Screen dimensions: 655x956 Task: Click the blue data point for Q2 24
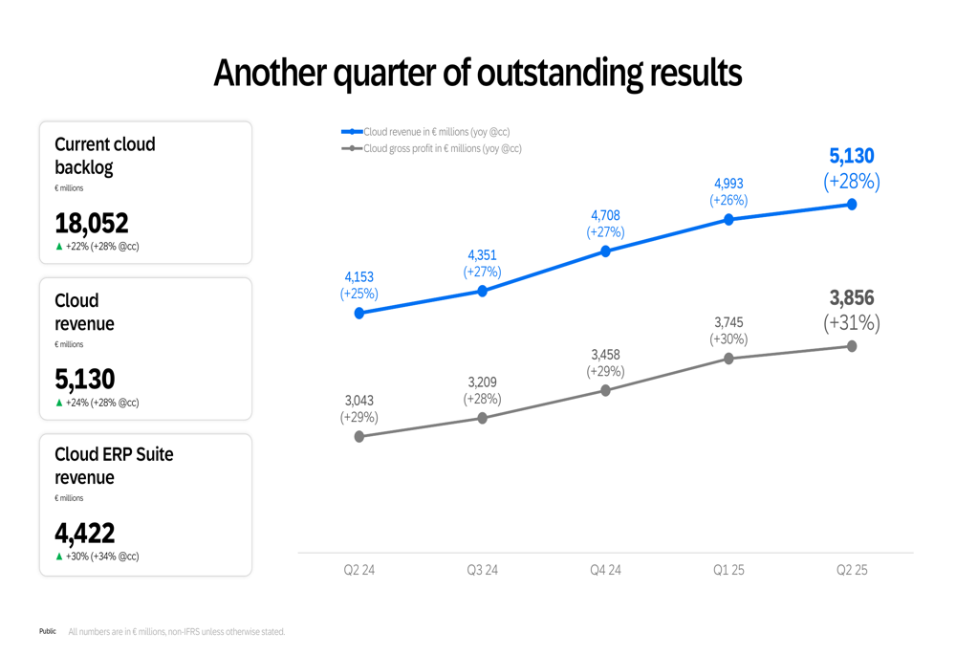[x=359, y=313]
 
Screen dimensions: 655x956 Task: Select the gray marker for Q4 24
[x=605, y=390]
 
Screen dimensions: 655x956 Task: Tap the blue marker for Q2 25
[x=851, y=205]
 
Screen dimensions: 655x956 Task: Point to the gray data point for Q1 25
[x=728, y=359]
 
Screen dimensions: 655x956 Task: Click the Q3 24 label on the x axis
[x=482, y=570]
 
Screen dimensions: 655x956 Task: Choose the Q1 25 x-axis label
[x=728, y=570]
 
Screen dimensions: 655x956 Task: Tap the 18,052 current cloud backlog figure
[x=92, y=224]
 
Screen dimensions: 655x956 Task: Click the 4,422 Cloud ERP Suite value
[x=85, y=533]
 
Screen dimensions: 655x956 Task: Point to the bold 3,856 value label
[x=852, y=298]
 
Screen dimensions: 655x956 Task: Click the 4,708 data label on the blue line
[x=605, y=216]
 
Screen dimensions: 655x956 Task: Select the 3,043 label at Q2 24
[x=359, y=401]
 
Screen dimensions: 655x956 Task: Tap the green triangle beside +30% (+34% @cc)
[x=59, y=557]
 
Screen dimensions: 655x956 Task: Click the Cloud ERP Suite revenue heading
[x=114, y=466]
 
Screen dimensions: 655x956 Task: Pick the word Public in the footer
[x=48, y=631]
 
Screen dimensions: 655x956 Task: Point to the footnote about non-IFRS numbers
[x=177, y=632]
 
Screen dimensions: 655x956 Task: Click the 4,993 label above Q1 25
[x=728, y=184]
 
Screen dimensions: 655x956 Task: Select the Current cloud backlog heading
[x=104, y=156]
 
